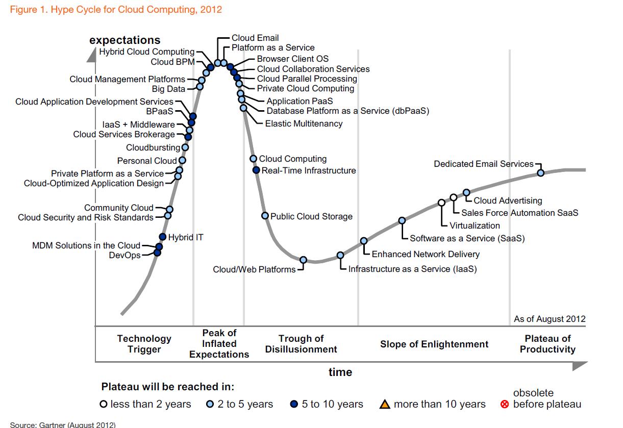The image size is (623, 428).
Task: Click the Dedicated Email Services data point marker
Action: pyautogui.click(x=541, y=173)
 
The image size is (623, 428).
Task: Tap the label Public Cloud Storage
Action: pyautogui.click(x=311, y=216)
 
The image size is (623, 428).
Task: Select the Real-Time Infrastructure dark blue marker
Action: pyautogui.click(x=257, y=170)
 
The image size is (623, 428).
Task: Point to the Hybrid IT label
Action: pyautogui.click(x=186, y=237)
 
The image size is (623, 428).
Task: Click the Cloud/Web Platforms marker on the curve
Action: pyautogui.click(x=303, y=260)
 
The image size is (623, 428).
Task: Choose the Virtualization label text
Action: pyautogui.click(x=475, y=225)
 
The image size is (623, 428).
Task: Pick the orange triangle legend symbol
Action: pyautogui.click(x=385, y=405)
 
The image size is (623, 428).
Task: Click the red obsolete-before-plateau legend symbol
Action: pyautogui.click(x=505, y=405)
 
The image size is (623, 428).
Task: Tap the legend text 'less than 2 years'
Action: pyautogui.click(x=151, y=405)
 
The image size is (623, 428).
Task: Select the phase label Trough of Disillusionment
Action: pyautogui.click(x=301, y=344)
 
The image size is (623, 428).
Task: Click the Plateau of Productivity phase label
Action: pyautogui.click(x=547, y=344)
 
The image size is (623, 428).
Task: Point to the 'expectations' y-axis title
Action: pyautogui.click(x=125, y=40)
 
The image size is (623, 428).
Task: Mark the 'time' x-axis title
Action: pyautogui.click(x=340, y=372)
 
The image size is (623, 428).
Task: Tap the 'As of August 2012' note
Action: pyautogui.click(x=550, y=319)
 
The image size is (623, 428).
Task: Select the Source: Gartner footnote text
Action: pyautogui.click(x=63, y=424)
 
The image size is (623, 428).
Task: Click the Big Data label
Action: pyautogui.click(x=168, y=89)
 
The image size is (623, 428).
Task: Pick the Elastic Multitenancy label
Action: pyautogui.click(x=304, y=123)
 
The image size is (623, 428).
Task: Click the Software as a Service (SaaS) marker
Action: pyautogui.click(x=402, y=220)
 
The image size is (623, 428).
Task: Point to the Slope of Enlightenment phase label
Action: pyautogui.click(x=434, y=344)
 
